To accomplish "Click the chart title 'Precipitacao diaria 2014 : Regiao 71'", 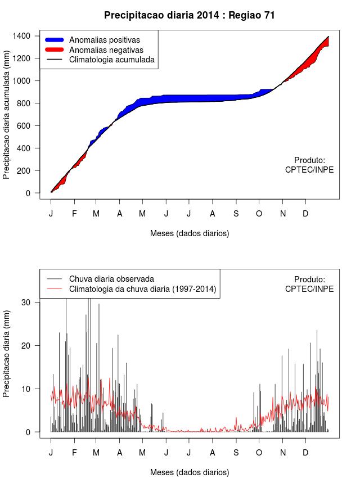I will tap(190, 15).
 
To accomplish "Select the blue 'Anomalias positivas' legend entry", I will tap(104, 40).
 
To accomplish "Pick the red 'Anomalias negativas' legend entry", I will tap(106, 49).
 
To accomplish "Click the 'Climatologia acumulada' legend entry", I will tap(111, 59).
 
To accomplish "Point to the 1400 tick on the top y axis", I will tap(25, 36).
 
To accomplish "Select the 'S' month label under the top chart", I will tap(236, 214).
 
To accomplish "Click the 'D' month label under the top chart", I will tap(305, 214).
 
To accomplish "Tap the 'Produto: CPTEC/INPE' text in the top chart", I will tap(309, 165).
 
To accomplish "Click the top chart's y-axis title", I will tap(7, 119).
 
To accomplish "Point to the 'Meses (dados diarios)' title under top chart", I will tap(190, 233).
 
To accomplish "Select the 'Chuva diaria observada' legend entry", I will tap(111, 279).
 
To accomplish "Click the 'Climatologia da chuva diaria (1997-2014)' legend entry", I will tap(142, 289).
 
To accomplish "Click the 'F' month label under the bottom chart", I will tap(74, 453).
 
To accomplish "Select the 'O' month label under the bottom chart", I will tap(259, 453).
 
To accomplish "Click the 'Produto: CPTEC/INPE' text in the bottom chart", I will tap(309, 284).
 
